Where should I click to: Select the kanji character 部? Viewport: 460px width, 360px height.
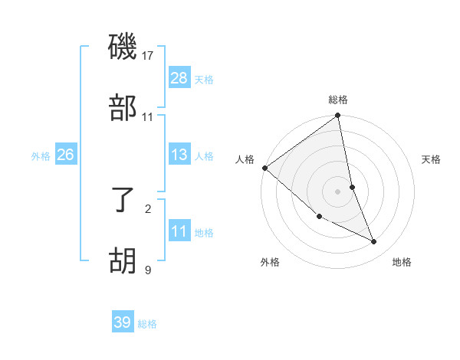pyautogui.click(x=124, y=109)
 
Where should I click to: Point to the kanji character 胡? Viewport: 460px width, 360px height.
pyautogui.click(x=124, y=262)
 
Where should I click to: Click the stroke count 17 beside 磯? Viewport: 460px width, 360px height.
pyautogui.click(x=148, y=56)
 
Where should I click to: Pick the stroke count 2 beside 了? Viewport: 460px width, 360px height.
pyautogui.click(x=148, y=208)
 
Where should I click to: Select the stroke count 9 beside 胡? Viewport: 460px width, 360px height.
pyautogui.click(x=148, y=269)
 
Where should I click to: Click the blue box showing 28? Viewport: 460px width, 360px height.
pyautogui.click(x=179, y=78)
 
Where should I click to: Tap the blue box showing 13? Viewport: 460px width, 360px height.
pyautogui.click(x=179, y=155)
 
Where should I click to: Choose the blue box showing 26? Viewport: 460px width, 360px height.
pyautogui.click(x=65, y=155)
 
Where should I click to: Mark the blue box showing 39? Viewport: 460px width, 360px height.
pyautogui.click(x=122, y=322)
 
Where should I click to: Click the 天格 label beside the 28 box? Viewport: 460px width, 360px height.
pyautogui.click(x=204, y=80)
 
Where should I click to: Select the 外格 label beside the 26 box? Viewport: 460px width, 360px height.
pyautogui.click(x=41, y=156)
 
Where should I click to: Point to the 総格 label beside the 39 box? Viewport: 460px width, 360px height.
pyautogui.click(x=147, y=324)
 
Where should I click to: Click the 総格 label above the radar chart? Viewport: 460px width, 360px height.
pyautogui.click(x=338, y=100)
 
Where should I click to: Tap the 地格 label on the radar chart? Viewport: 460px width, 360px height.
pyautogui.click(x=402, y=262)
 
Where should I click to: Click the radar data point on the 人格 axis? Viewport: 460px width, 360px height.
pyautogui.click(x=264, y=168)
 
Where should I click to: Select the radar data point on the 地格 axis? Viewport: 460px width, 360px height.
pyautogui.click(x=374, y=242)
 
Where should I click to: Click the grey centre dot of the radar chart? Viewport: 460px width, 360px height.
pyautogui.click(x=338, y=191)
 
